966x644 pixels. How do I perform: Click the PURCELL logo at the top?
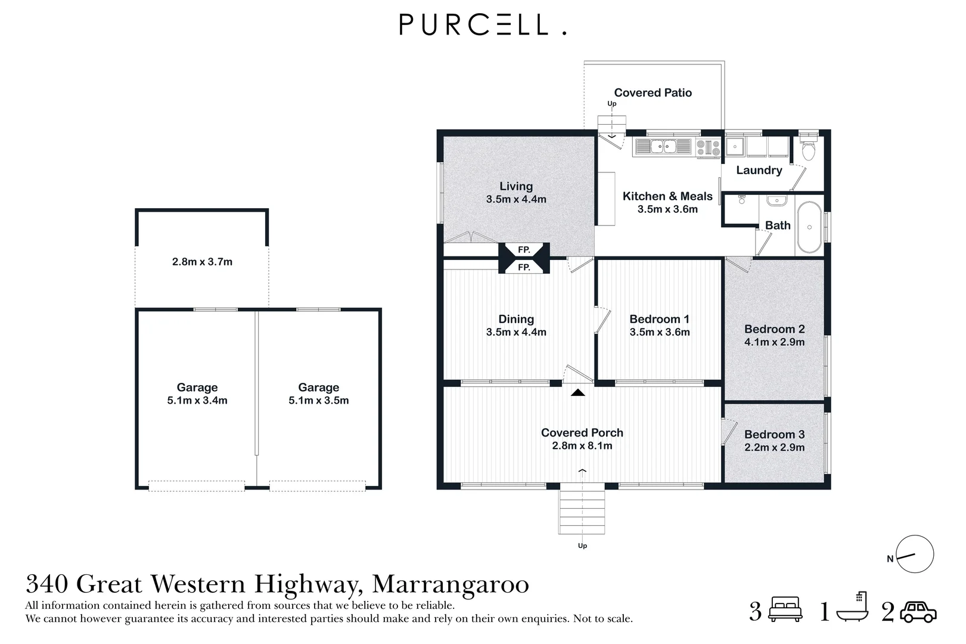(482, 25)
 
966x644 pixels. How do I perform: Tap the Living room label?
(516, 187)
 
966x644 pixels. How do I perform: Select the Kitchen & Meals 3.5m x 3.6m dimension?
(667, 209)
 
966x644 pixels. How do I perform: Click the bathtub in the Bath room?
(809, 227)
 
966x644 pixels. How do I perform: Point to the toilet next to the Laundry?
(808, 148)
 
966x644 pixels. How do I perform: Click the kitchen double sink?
(663, 146)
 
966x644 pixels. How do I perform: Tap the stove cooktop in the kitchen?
(708, 147)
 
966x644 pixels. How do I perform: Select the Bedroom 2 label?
(774, 329)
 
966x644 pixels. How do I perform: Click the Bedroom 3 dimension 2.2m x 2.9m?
(774, 448)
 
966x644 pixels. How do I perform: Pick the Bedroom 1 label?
(659, 319)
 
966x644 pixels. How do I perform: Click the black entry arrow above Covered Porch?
(577, 392)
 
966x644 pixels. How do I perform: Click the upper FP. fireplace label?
(524, 250)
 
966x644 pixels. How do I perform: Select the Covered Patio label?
(653, 93)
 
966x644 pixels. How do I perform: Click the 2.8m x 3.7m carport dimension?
(202, 262)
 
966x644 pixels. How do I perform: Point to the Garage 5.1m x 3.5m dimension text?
(319, 401)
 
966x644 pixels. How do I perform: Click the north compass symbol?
(914, 555)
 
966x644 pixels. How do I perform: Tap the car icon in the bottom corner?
(918, 612)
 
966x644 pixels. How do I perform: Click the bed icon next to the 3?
(785, 611)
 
